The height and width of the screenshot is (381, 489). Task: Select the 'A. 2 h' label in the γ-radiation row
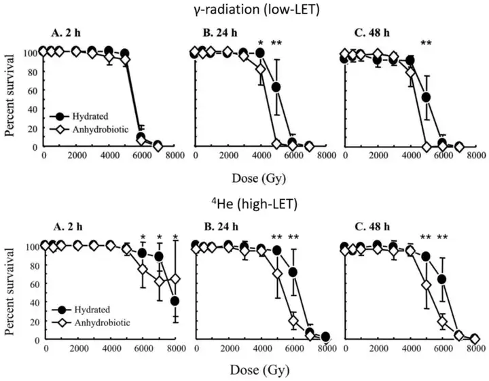point(72,37)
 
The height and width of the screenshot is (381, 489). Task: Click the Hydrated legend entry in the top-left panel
point(84,107)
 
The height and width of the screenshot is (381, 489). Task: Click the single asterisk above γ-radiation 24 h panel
point(259,43)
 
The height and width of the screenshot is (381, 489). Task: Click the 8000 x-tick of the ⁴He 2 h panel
point(175,349)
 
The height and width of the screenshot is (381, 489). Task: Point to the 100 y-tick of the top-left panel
point(30,52)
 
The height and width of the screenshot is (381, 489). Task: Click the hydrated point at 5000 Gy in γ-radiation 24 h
point(276,87)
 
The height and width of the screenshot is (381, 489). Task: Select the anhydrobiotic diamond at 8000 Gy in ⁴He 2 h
point(175,279)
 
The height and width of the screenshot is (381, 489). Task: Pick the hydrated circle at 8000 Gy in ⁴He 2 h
point(175,301)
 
